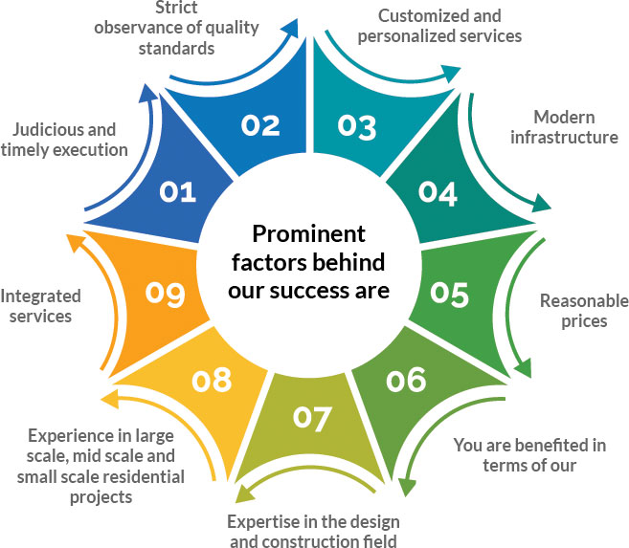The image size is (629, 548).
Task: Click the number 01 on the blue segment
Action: tap(177, 192)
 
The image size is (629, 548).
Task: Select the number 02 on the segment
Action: tap(260, 126)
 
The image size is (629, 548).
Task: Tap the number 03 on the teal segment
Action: tap(356, 128)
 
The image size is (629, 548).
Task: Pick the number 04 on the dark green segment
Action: tap(438, 194)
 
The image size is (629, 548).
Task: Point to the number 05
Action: tap(449, 295)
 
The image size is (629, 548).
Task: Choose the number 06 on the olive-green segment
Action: tap(406, 380)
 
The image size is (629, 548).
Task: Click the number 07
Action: tap(312, 419)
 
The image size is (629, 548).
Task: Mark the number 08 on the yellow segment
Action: tap(212, 380)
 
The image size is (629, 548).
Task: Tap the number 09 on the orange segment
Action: tap(166, 294)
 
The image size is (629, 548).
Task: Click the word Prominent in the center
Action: tap(309, 234)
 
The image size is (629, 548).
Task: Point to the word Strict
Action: tap(176, 8)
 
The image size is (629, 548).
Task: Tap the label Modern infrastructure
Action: tap(564, 127)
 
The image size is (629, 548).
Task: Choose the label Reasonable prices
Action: tap(584, 311)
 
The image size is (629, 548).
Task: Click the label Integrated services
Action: tap(40, 306)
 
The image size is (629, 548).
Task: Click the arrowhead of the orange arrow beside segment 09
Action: tap(75, 243)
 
